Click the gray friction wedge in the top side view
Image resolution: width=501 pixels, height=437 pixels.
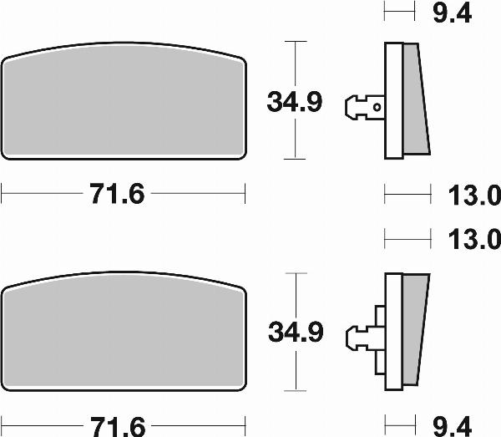414,100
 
